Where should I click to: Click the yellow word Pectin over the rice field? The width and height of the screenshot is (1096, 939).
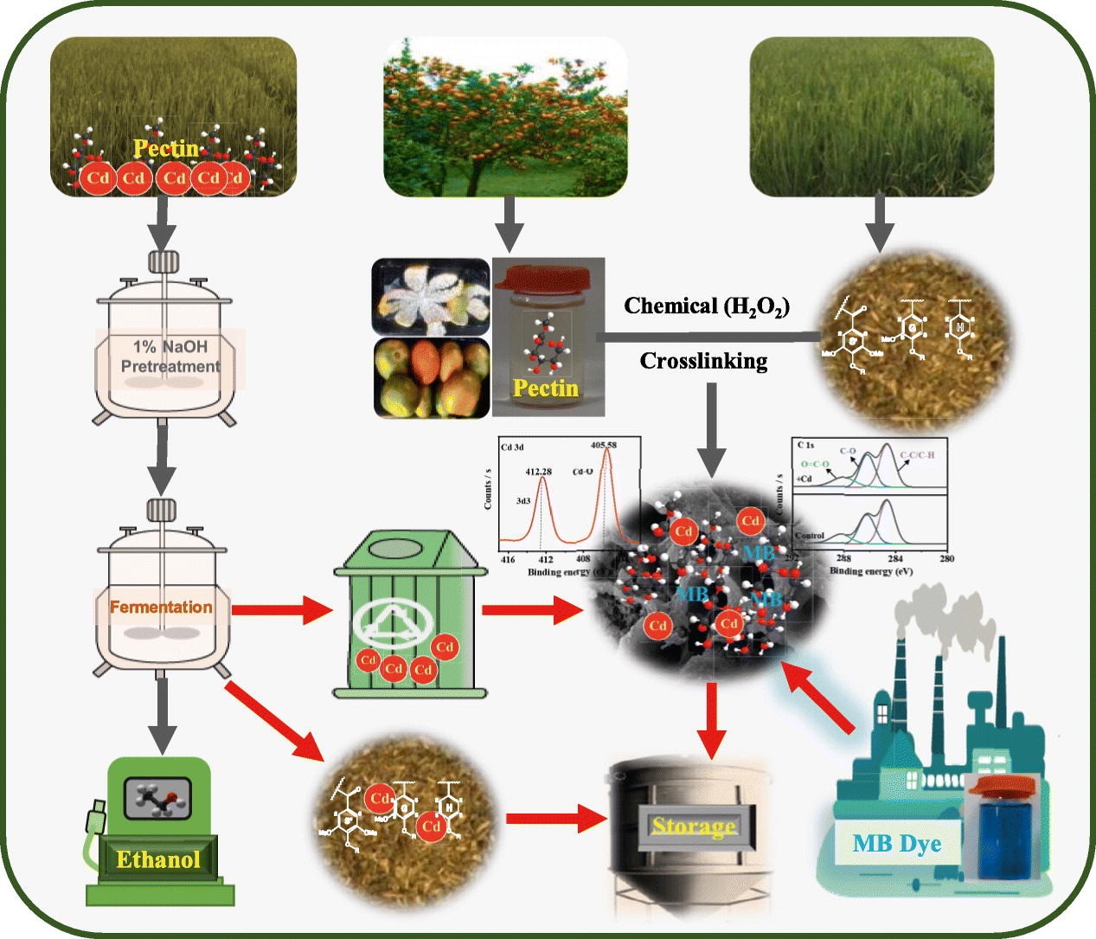(x=166, y=149)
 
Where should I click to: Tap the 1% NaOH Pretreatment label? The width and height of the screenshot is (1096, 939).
(x=170, y=357)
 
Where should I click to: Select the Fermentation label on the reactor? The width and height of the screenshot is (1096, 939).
(x=161, y=607)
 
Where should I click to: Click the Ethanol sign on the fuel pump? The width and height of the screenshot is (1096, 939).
(x=158, y=859)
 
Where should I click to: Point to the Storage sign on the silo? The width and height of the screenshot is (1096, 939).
(x=694, y=826)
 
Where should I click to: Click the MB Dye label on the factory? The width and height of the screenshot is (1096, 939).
(x=897, y=843)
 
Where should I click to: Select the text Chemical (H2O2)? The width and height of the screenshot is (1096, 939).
(x=706, y=306)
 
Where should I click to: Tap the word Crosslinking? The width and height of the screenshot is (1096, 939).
(x=703, y=360)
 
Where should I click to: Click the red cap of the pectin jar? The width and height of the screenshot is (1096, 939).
(x=546, y=276)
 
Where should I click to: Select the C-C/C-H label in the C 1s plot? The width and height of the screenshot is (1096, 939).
(x=917, y=454)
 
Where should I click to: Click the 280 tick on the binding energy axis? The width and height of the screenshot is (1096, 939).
(x=946, y=558)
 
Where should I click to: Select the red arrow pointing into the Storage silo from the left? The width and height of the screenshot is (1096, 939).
(x=554, y=819)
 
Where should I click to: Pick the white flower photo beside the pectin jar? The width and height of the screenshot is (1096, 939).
(x=430, y=296)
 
